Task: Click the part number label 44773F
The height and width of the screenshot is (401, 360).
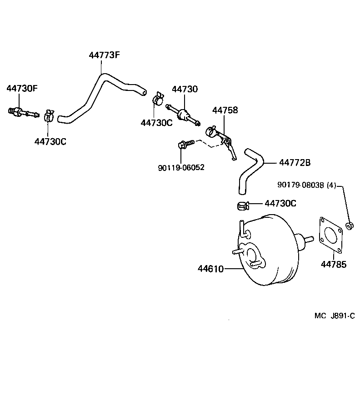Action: [x=104, y=55]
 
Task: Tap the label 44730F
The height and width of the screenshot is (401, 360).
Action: [x=22, y=88]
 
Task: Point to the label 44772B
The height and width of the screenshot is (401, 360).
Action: [x=295, y=162]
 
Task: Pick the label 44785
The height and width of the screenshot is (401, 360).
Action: [x=333, y=264]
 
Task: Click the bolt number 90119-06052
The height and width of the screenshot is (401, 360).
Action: [x=181, y=167]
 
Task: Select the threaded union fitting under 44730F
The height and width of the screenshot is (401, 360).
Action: [x=23, y=111]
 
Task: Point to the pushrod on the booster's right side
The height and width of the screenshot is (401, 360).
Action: [x=305, y=239]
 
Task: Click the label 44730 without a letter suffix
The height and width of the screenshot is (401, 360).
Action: [x=185, y=89]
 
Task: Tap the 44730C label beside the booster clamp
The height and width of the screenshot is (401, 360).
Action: [x=280, y=203]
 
